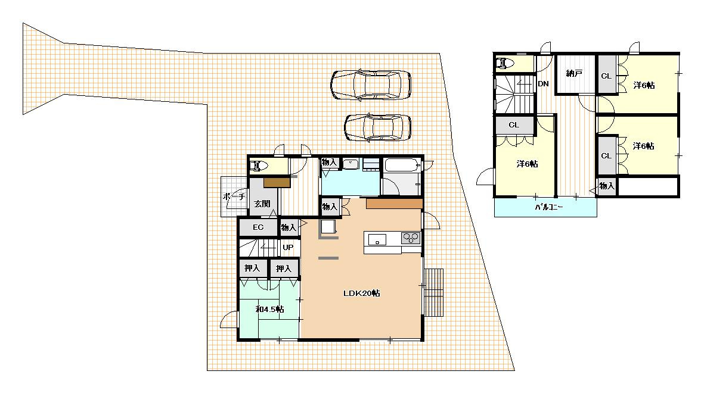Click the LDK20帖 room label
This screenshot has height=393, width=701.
(x=362, y=294)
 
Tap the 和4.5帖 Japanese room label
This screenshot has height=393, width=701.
(x=269, y=309)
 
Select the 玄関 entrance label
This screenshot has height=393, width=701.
(x=262, y=204)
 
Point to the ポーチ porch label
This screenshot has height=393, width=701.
(x=234, y=196)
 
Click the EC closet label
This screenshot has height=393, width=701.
(x=258, y=227)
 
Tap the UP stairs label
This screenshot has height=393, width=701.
(x=288, y=248)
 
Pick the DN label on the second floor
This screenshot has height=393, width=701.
(x=543, y=83)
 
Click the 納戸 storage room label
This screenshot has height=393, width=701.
(x=574, y=73)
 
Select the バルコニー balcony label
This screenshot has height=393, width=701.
(x=548, y=207)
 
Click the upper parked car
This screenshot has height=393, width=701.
(x=371, y=84)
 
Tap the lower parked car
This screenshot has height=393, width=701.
(x=378, y=127)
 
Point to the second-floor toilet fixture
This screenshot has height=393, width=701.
(x=505, y=63)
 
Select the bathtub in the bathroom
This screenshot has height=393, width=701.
(x=402, y=165)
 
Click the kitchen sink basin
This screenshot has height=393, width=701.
(x=377, y=241)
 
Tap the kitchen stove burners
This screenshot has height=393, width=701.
(x=410, y=238)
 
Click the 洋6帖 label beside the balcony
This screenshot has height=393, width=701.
(x=527, y=164)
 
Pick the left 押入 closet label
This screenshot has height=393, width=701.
(x=252, y=268)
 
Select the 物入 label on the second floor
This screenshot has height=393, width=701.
(x=607, y=185)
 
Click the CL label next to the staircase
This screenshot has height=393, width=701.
(x=514, y=125)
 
